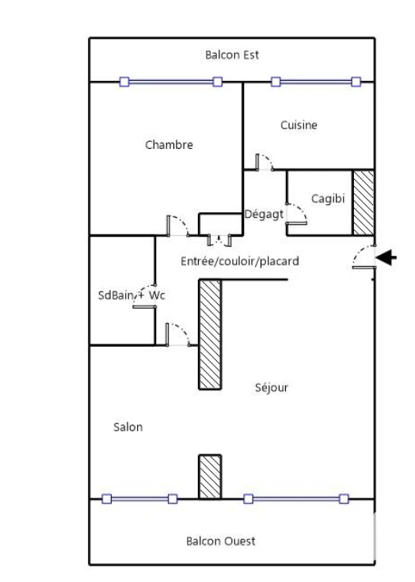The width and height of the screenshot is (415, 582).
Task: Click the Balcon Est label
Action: tap(232, 55)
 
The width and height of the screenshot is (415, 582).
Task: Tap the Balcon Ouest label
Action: tap(221, 541)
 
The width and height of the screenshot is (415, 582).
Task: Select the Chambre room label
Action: tap(169, 145)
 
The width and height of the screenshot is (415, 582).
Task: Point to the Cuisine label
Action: tap(299, 125)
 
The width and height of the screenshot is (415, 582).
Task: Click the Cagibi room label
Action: tap(328, 199)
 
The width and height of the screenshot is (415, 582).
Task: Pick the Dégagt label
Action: tap(264, 214)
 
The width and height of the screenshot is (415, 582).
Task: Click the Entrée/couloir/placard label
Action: tap(240, 261)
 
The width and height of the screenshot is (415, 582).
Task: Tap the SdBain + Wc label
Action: tap(131, 295)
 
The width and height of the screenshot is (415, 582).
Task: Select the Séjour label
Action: tap(272, 388)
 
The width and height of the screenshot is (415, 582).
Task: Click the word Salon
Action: tap(128, 428)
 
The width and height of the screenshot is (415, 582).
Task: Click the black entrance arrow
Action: tap(386, 257)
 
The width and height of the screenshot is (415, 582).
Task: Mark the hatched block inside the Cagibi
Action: tap(363, 203)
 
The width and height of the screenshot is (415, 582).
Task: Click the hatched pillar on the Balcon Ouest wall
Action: tap(210, 477)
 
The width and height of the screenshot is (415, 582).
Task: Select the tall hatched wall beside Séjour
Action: tap(210, 334)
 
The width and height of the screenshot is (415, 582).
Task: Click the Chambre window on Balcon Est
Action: tap(171, 82)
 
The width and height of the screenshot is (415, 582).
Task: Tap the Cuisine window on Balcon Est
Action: tap(316, 82)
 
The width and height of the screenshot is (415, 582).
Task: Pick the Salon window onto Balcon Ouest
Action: tap(139, 499)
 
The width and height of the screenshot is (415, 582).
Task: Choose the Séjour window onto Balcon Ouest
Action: tap(296, 499)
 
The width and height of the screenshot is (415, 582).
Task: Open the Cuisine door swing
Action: tap(265, 162)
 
